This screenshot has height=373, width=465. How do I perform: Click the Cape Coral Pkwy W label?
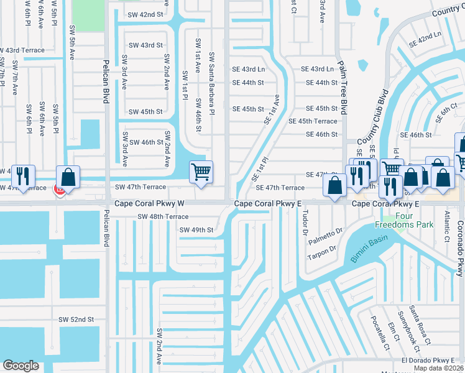pyautogui.click(x=149, y=204)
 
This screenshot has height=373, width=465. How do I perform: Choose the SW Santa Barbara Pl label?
pyautogui.click(x=211, y=83)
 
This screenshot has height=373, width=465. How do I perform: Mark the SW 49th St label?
pyautogui.click(x=196, y=230)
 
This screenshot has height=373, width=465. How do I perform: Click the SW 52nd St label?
pyautogui.click(x=76, y=319)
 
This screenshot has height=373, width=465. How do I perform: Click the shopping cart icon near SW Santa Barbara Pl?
pyautogui.click(x=201, y=172)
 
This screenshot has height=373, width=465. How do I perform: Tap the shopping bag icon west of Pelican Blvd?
pyautogui.click(x=69, y=177)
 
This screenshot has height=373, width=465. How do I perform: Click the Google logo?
pyautogui.click(x=21, y=366)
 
